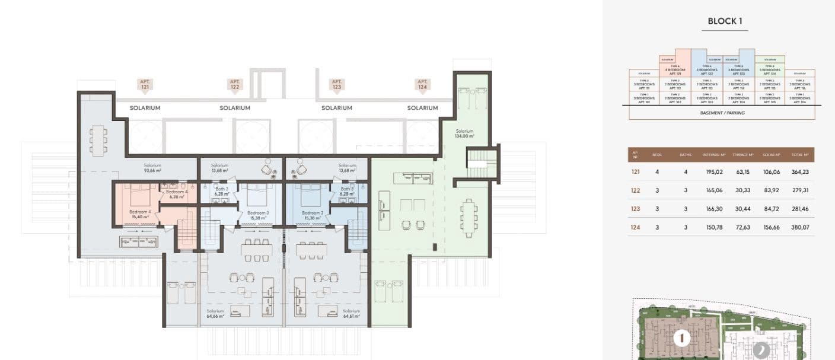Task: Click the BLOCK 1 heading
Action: [x=725, y=21]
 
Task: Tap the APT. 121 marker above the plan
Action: [x=145, y=85]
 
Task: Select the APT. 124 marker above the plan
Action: [x=422, y=85]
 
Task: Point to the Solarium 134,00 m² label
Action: [x=464, y=133]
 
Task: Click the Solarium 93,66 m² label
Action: [x=153, y=168]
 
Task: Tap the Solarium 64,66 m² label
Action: [x=215, y=314]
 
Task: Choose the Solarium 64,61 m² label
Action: [x=352, y=314]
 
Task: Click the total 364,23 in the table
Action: [x=800, y=172]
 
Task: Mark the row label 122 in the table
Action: [x=635, y=190]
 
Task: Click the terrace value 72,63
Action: [x=741, y=227]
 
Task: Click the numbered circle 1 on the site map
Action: [x=682, y=339]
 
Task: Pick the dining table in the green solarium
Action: [x=469, y=218]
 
